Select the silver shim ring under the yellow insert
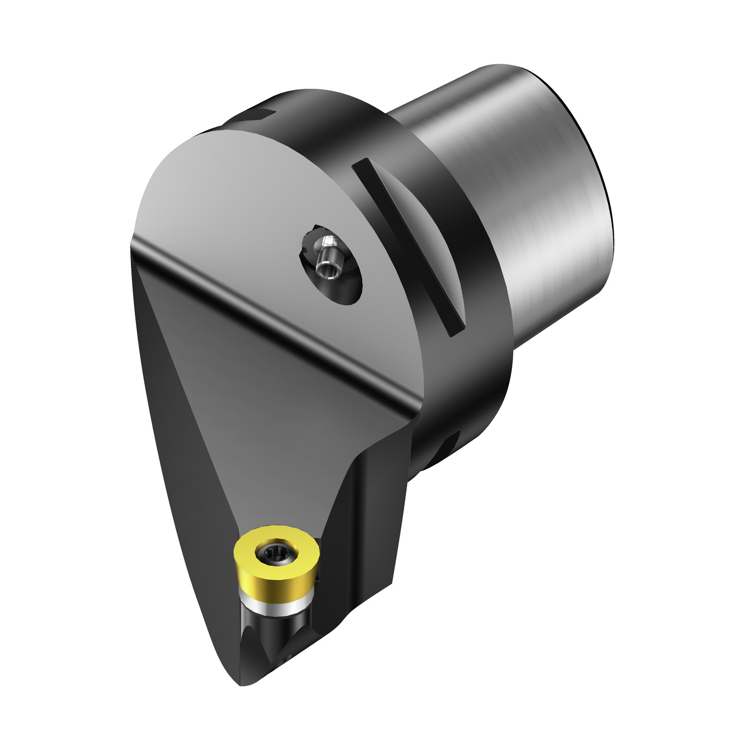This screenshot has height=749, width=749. [270, 602]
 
